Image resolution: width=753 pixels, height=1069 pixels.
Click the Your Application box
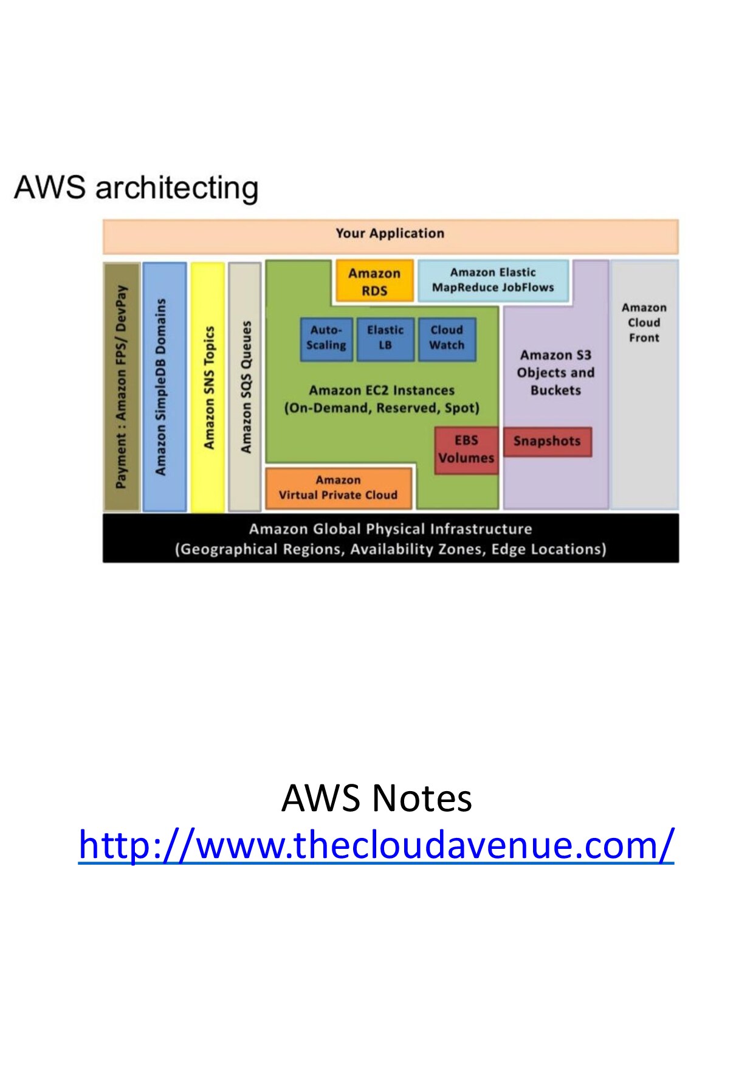[x=390, y=236]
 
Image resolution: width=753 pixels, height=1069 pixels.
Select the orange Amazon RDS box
[x=374, y=282]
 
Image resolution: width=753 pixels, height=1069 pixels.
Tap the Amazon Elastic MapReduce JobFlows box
[x=493, y=280]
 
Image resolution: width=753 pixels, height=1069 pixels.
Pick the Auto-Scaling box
[x=326, y=339]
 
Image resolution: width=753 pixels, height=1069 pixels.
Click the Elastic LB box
[x=385, y=339]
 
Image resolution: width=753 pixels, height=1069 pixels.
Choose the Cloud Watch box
[x=447, y=339]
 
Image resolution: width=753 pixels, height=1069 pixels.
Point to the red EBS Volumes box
[x=466, y=450]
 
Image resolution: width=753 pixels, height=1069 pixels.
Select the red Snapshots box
[x=547, y=441]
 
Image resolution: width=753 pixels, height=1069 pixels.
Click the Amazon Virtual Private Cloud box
[x=338, y=488]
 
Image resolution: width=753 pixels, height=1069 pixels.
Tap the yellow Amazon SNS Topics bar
[x=208, y=387]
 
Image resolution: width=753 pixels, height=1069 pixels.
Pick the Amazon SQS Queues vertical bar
[x=245, y=387]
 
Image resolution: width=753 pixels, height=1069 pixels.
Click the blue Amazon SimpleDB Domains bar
[x=164, y=387]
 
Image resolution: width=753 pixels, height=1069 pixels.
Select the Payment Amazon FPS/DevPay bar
[x=122, y=387]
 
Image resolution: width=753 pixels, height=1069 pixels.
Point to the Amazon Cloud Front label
[x=644, y=323]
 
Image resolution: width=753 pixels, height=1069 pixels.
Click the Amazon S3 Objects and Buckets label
[x=555, y=373]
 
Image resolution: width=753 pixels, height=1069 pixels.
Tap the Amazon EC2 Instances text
[x=382, y=399]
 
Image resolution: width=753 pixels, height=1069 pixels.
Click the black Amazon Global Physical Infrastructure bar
[x=390, y=539]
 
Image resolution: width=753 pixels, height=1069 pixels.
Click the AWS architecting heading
[x=136, y=187]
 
